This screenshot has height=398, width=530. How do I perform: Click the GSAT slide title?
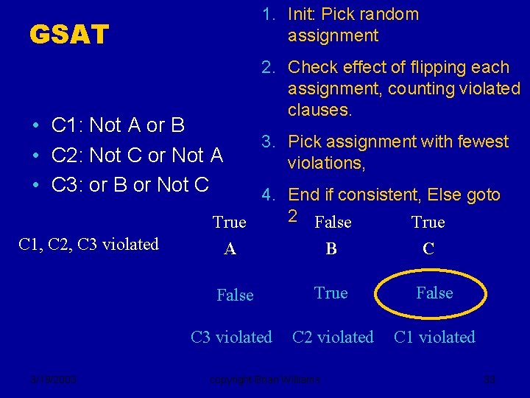[x=68, y=34]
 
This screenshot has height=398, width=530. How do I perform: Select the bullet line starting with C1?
[x=118, y=125]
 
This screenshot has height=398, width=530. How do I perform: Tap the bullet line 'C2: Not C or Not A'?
[x=137, y=155]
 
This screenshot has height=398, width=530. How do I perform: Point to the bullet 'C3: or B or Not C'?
[x=130, y=184]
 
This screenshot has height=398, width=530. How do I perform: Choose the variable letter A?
[x=230, y=250]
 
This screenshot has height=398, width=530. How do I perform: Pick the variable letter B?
[x=331, y=250]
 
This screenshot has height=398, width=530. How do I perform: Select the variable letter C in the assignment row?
[x=428, y=250]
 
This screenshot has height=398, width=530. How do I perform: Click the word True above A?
[x=230, y=223]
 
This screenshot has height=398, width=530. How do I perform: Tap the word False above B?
[x=333, y=223]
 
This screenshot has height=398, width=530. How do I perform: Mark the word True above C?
[x=428, y=223]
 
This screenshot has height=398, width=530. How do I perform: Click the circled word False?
[x=434, y=293]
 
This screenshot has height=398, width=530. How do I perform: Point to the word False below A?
[x=235, y=296]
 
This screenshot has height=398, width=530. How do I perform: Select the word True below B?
[x=331, y=293]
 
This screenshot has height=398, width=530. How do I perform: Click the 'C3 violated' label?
[x=231, y=338]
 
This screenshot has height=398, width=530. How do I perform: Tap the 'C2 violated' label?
[x=333, y=338]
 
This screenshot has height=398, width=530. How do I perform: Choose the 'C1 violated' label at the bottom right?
[x=434, y=338]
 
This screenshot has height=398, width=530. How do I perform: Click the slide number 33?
[x=490, y=380]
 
